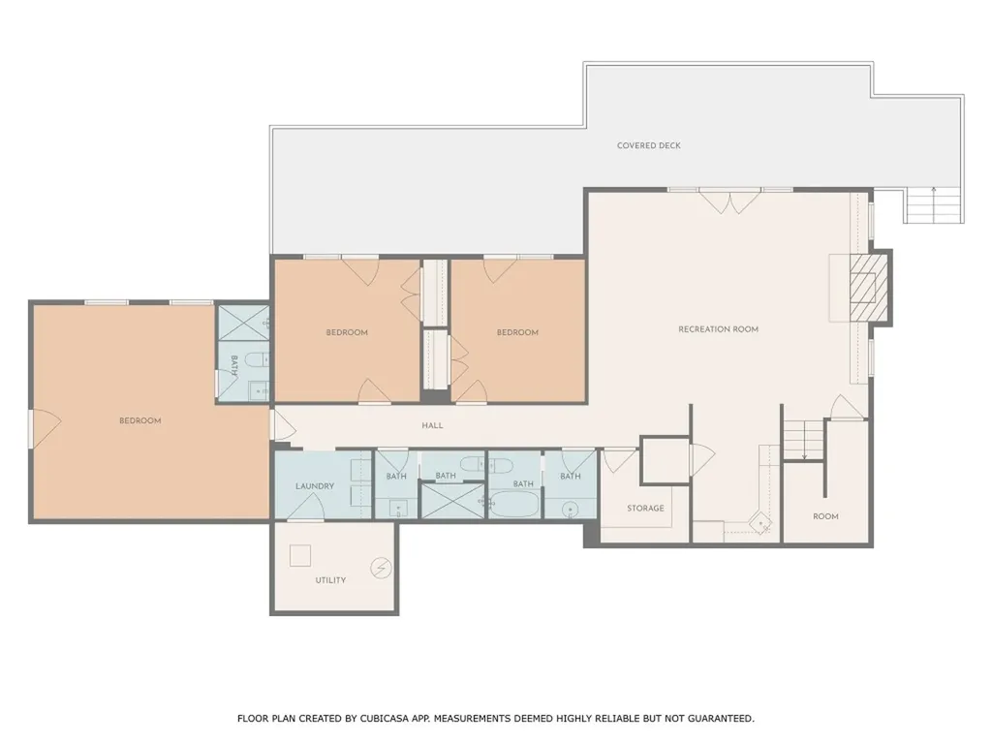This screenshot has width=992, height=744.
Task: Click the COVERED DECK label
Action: (x=648, y=145)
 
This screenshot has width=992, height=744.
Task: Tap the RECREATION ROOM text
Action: (x=718, y=329)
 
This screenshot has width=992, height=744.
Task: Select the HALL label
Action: (x=432, y=426)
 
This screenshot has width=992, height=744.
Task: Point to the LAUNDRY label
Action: (x=315, y=486)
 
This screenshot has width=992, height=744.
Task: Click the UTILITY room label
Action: (x=330, y=580)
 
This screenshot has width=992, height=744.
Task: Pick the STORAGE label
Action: (x=645, y=508)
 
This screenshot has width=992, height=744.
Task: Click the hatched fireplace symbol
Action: (x=869, y=288)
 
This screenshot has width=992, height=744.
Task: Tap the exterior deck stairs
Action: (x=934, y=205)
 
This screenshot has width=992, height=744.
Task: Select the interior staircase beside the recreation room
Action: (x=803, y=440)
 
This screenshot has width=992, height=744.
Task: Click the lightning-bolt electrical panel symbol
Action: (x=381, y=568)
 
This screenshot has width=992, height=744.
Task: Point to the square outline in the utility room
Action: (x=300, y=555)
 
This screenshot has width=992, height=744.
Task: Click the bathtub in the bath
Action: (x=514, y=506)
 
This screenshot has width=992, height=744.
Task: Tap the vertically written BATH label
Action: (x=234, y=365)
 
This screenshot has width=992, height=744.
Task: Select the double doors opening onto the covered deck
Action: (x=730, y=201)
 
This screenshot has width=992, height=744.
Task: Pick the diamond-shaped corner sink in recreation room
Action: (x=759, y=524)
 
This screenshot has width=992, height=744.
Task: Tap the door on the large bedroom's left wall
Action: (x=45, y=428)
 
